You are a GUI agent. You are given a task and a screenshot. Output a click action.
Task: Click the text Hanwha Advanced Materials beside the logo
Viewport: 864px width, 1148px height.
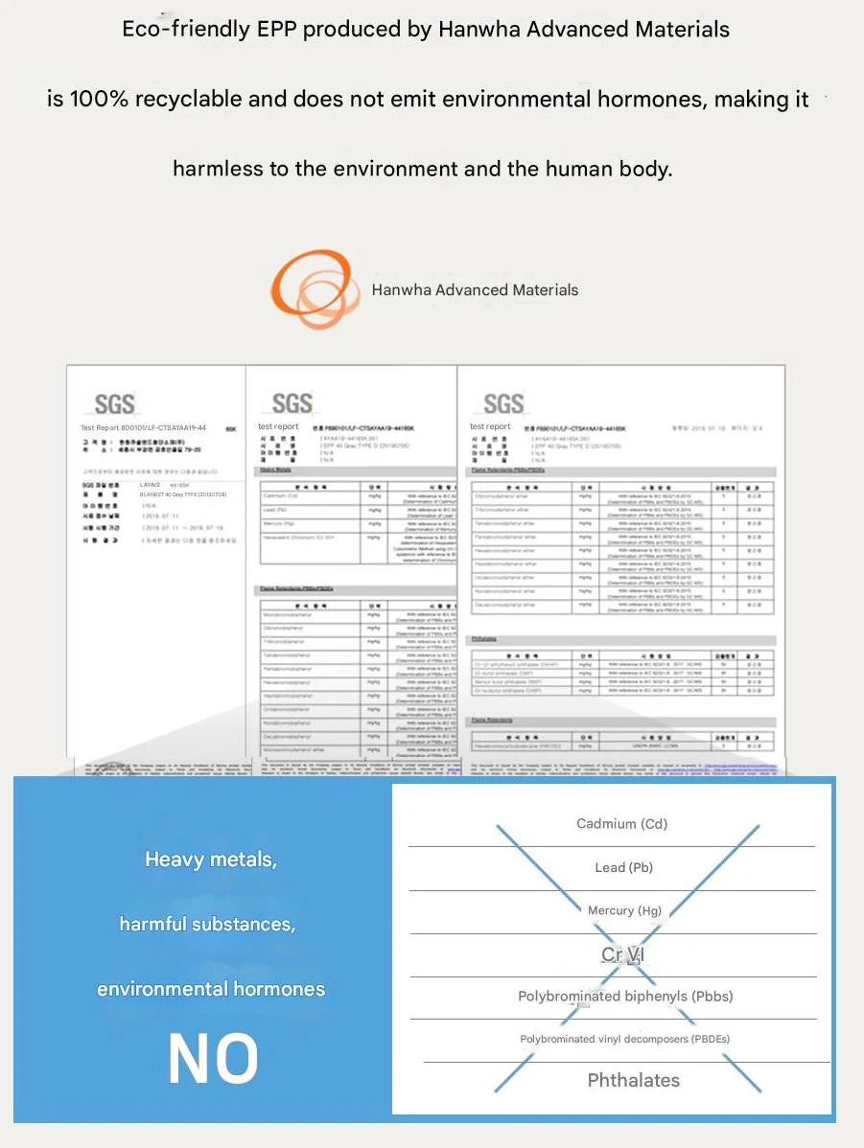coord(475,289)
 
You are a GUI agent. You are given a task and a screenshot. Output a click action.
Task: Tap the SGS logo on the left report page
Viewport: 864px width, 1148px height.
coord(115,403)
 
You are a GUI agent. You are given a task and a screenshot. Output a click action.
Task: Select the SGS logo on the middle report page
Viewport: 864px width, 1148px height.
coord(292,403)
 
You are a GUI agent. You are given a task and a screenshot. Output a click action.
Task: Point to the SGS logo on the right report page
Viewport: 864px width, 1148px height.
coord(503,403)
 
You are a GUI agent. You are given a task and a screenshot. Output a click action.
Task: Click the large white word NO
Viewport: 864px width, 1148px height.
coord(213,1060)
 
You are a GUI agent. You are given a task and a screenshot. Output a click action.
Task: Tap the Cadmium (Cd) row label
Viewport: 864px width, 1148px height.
coord(621,823)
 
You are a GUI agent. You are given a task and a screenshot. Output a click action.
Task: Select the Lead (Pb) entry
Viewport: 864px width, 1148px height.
coord(623,867)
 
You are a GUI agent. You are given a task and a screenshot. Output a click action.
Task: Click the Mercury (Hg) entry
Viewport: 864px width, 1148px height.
coord(624,910)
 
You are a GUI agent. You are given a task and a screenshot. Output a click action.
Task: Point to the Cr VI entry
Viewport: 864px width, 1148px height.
coord(623,954)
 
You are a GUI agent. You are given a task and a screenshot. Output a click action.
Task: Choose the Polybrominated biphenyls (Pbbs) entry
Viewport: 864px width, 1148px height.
coord(625,996)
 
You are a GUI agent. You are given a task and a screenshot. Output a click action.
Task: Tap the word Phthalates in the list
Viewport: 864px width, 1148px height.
coord(633,1080)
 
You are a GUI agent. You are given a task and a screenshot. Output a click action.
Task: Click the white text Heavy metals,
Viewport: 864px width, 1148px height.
coord(211,860)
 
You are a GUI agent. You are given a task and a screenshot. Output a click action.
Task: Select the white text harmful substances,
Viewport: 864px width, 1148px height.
coord(207,924)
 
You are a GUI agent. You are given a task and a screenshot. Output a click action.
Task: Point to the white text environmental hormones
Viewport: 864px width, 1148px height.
coord(211,988)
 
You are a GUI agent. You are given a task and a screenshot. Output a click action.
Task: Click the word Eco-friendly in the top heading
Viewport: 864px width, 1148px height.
coord(185,30)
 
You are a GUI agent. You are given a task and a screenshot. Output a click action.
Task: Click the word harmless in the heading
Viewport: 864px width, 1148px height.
coord(218,169)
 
